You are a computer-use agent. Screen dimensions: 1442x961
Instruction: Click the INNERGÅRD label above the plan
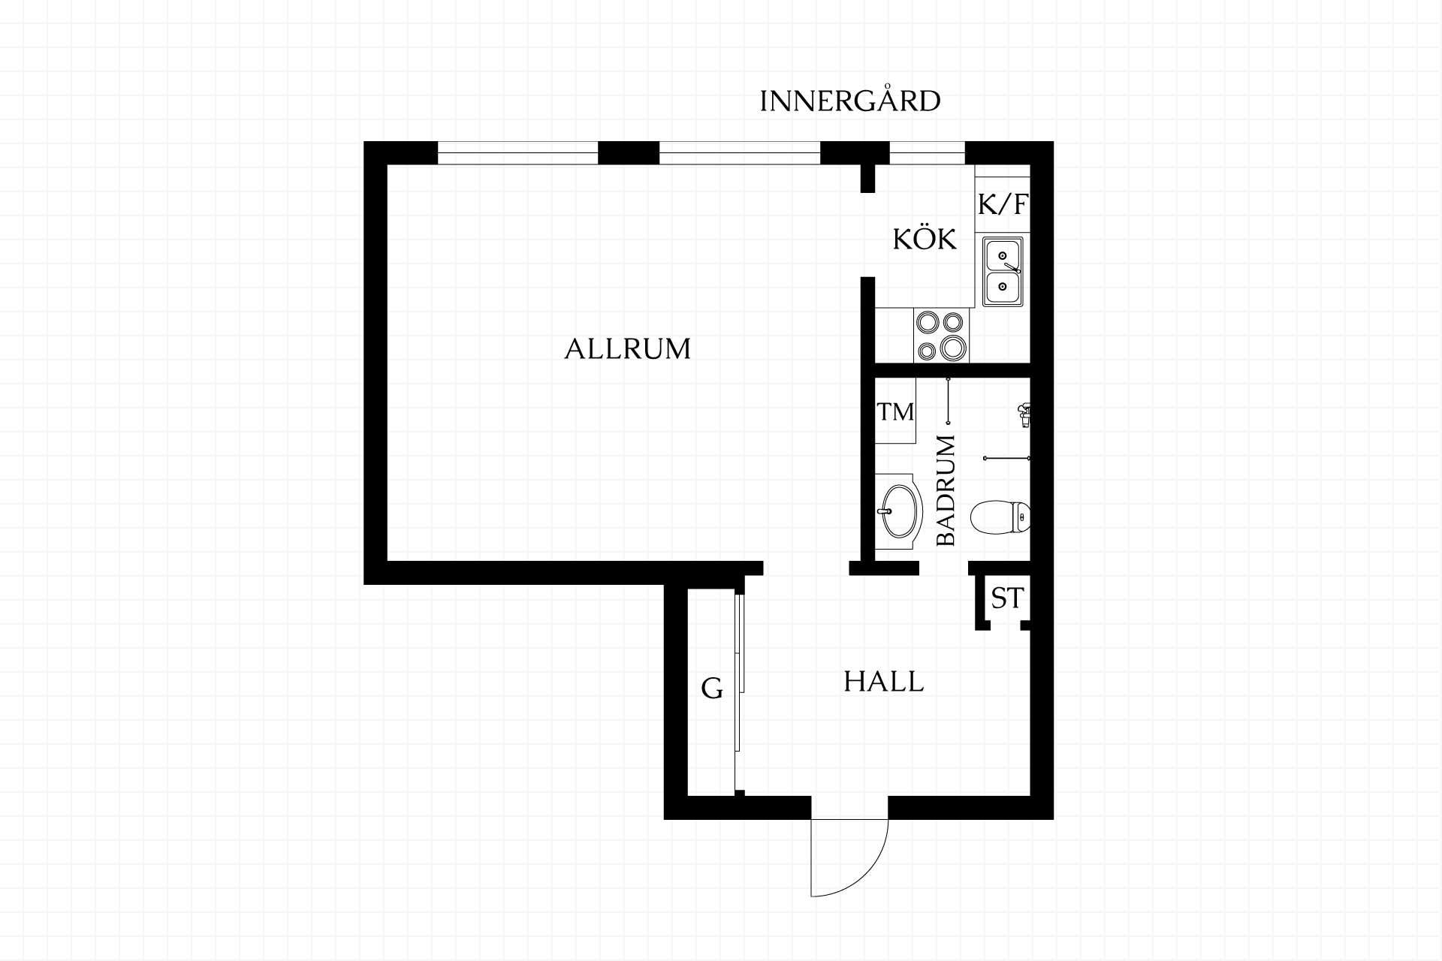tap(850, 101)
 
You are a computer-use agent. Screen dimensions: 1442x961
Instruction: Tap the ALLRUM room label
tap(627, 349)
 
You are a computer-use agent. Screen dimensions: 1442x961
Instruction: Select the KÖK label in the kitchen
tap(925, 239)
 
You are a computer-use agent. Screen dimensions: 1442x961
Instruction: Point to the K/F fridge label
tap(1003, 203)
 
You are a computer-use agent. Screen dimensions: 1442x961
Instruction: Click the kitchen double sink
tap(1003, 271)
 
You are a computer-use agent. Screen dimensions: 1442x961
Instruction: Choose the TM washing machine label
tap(896, 411)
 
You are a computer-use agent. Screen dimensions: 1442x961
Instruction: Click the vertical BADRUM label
tap(946, 490)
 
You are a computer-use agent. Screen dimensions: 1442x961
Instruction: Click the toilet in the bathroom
tap(1000, 517)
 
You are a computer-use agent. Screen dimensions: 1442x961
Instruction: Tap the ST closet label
tap(1006, 598)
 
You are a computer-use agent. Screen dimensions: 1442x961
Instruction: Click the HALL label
tap(883, 682)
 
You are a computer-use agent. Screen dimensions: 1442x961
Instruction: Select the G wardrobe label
tap(711, 688)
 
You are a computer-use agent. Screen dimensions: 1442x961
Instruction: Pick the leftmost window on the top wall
tap(517, 153)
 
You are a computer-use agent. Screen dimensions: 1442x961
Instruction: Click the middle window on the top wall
tap(740, 153)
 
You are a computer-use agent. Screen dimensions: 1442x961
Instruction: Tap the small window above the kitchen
tap(927, 153)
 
